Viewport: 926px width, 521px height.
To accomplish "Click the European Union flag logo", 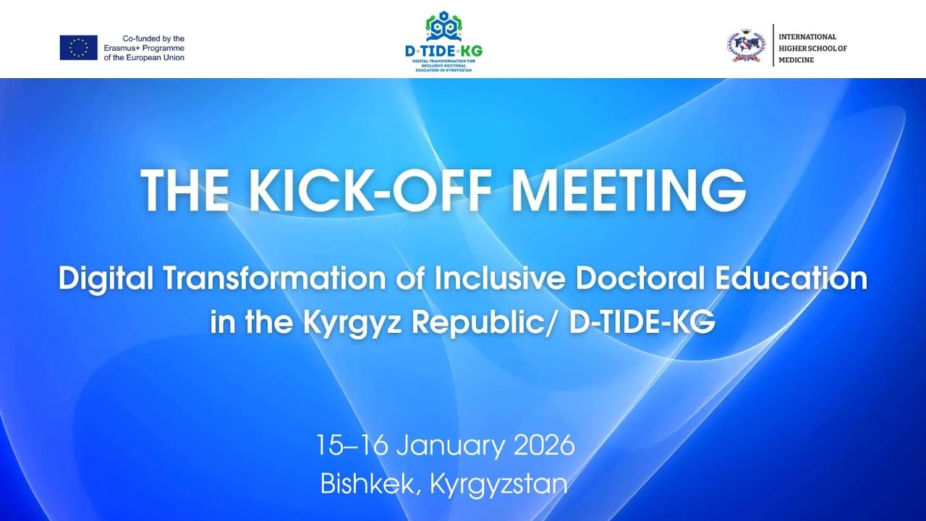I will [x=78, y=48].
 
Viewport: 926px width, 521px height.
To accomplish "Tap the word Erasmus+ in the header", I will [x=122, y=48].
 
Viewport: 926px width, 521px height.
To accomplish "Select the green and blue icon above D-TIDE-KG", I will [x=443, y=26].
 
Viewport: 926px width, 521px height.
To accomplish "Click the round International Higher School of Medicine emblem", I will [x=745, y=46].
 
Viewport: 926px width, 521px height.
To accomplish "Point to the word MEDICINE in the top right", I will [x=796, y=60].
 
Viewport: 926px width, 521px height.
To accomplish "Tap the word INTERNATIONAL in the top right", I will [x=807, y=37].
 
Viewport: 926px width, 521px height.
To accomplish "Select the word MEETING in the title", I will [x=628, y=190].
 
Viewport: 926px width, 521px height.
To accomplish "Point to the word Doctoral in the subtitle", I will [x=621, y=279].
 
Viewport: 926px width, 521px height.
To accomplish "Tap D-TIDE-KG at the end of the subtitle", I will [x=642, y=323].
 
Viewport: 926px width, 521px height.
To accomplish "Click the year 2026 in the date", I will [x=544, y=445].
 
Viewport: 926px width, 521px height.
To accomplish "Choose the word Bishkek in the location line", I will [x=368, y=483].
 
